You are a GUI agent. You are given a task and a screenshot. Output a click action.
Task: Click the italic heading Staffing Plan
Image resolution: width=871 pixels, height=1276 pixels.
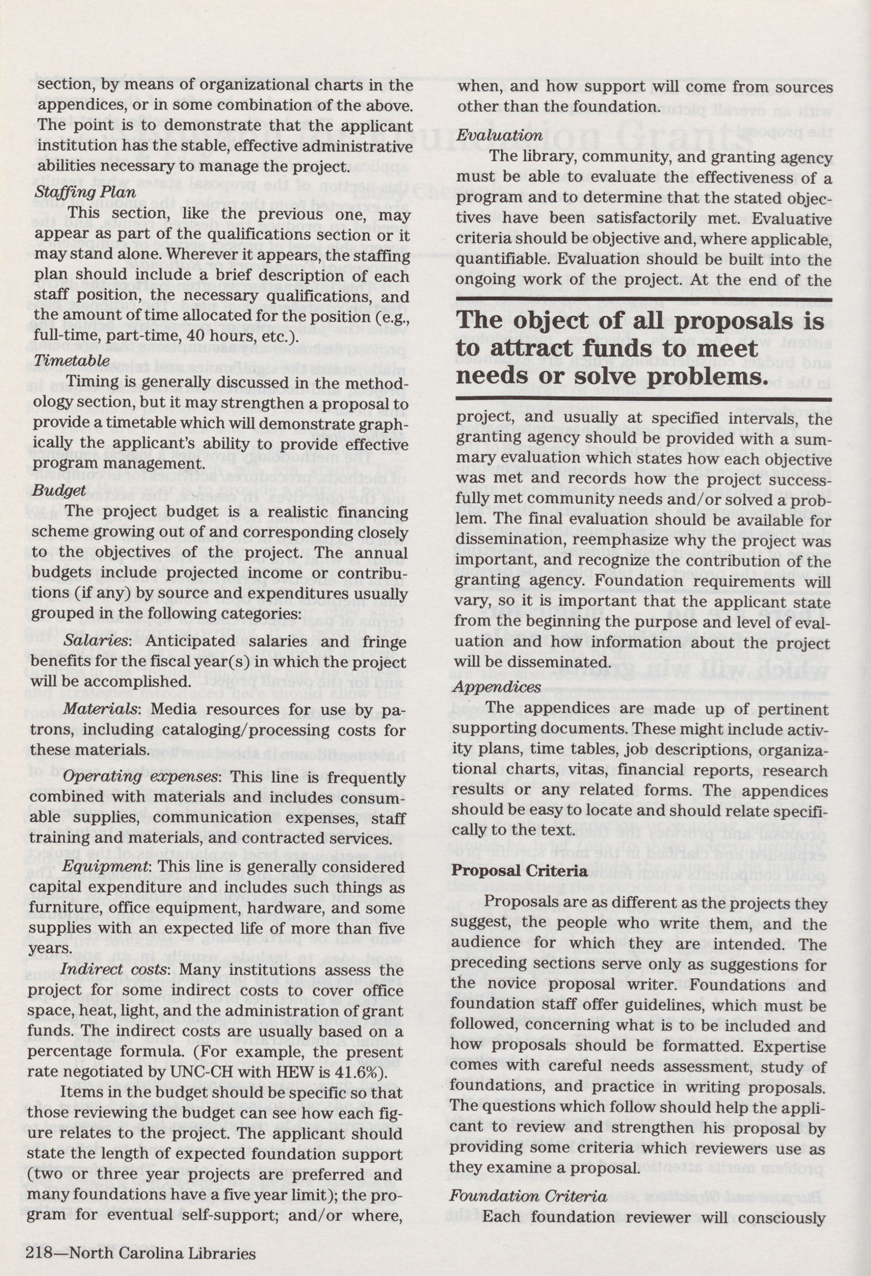[85, 192]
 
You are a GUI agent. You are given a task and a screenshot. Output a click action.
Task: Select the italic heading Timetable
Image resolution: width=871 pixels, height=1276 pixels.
[72, 361]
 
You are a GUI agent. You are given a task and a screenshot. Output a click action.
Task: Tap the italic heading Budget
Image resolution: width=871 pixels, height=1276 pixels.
[59, 490]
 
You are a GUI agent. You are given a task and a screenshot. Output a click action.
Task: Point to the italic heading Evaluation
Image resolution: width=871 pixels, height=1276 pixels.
[500, 135]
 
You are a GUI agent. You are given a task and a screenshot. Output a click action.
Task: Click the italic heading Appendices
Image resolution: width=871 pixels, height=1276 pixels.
[497, 687]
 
